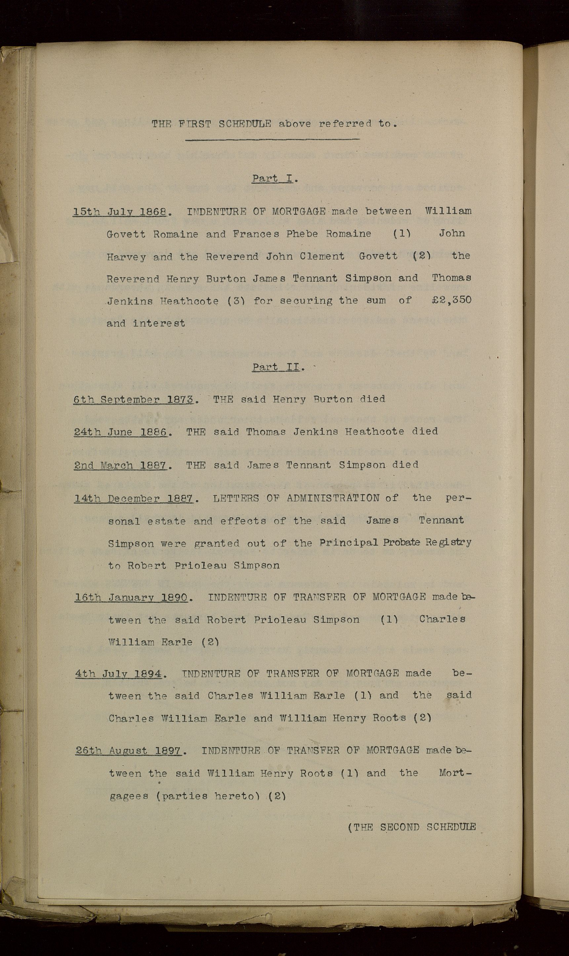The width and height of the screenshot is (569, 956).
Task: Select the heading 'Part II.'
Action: pos(278,367)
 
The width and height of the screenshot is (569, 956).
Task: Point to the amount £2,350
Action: pos(451,300)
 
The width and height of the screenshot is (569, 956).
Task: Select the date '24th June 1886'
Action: pos(121,432)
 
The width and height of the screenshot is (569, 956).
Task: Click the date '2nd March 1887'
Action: pos(120,465)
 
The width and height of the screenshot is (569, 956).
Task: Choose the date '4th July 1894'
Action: pos(118,674)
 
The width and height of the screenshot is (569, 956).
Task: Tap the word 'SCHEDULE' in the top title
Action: pos(245,124)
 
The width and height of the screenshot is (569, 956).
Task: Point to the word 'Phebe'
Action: pos(302,234)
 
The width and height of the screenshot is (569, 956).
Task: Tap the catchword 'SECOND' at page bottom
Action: pos(399,827)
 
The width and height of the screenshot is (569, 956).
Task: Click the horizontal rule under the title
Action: pos(272,140)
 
